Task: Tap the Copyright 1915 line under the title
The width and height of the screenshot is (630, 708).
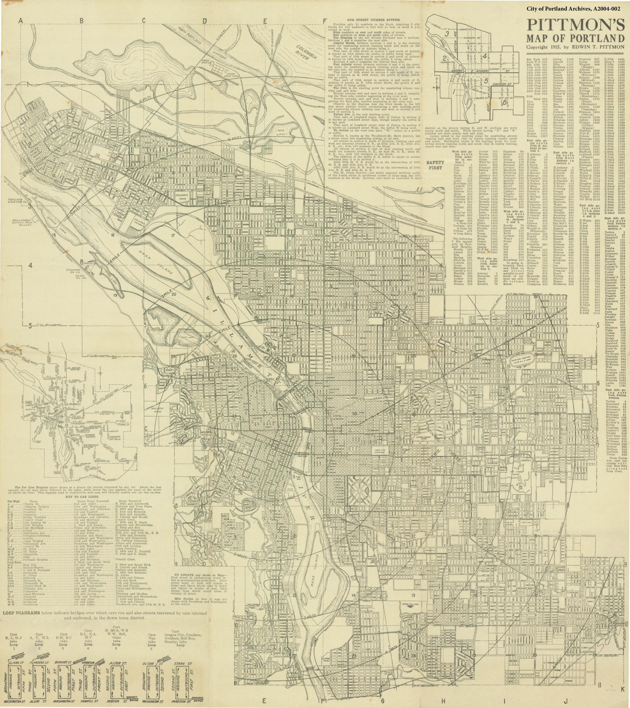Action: pyautogui.click(x=575, y=47)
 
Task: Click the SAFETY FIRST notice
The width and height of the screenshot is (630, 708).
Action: pyautogui.click(x=435, y=165)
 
